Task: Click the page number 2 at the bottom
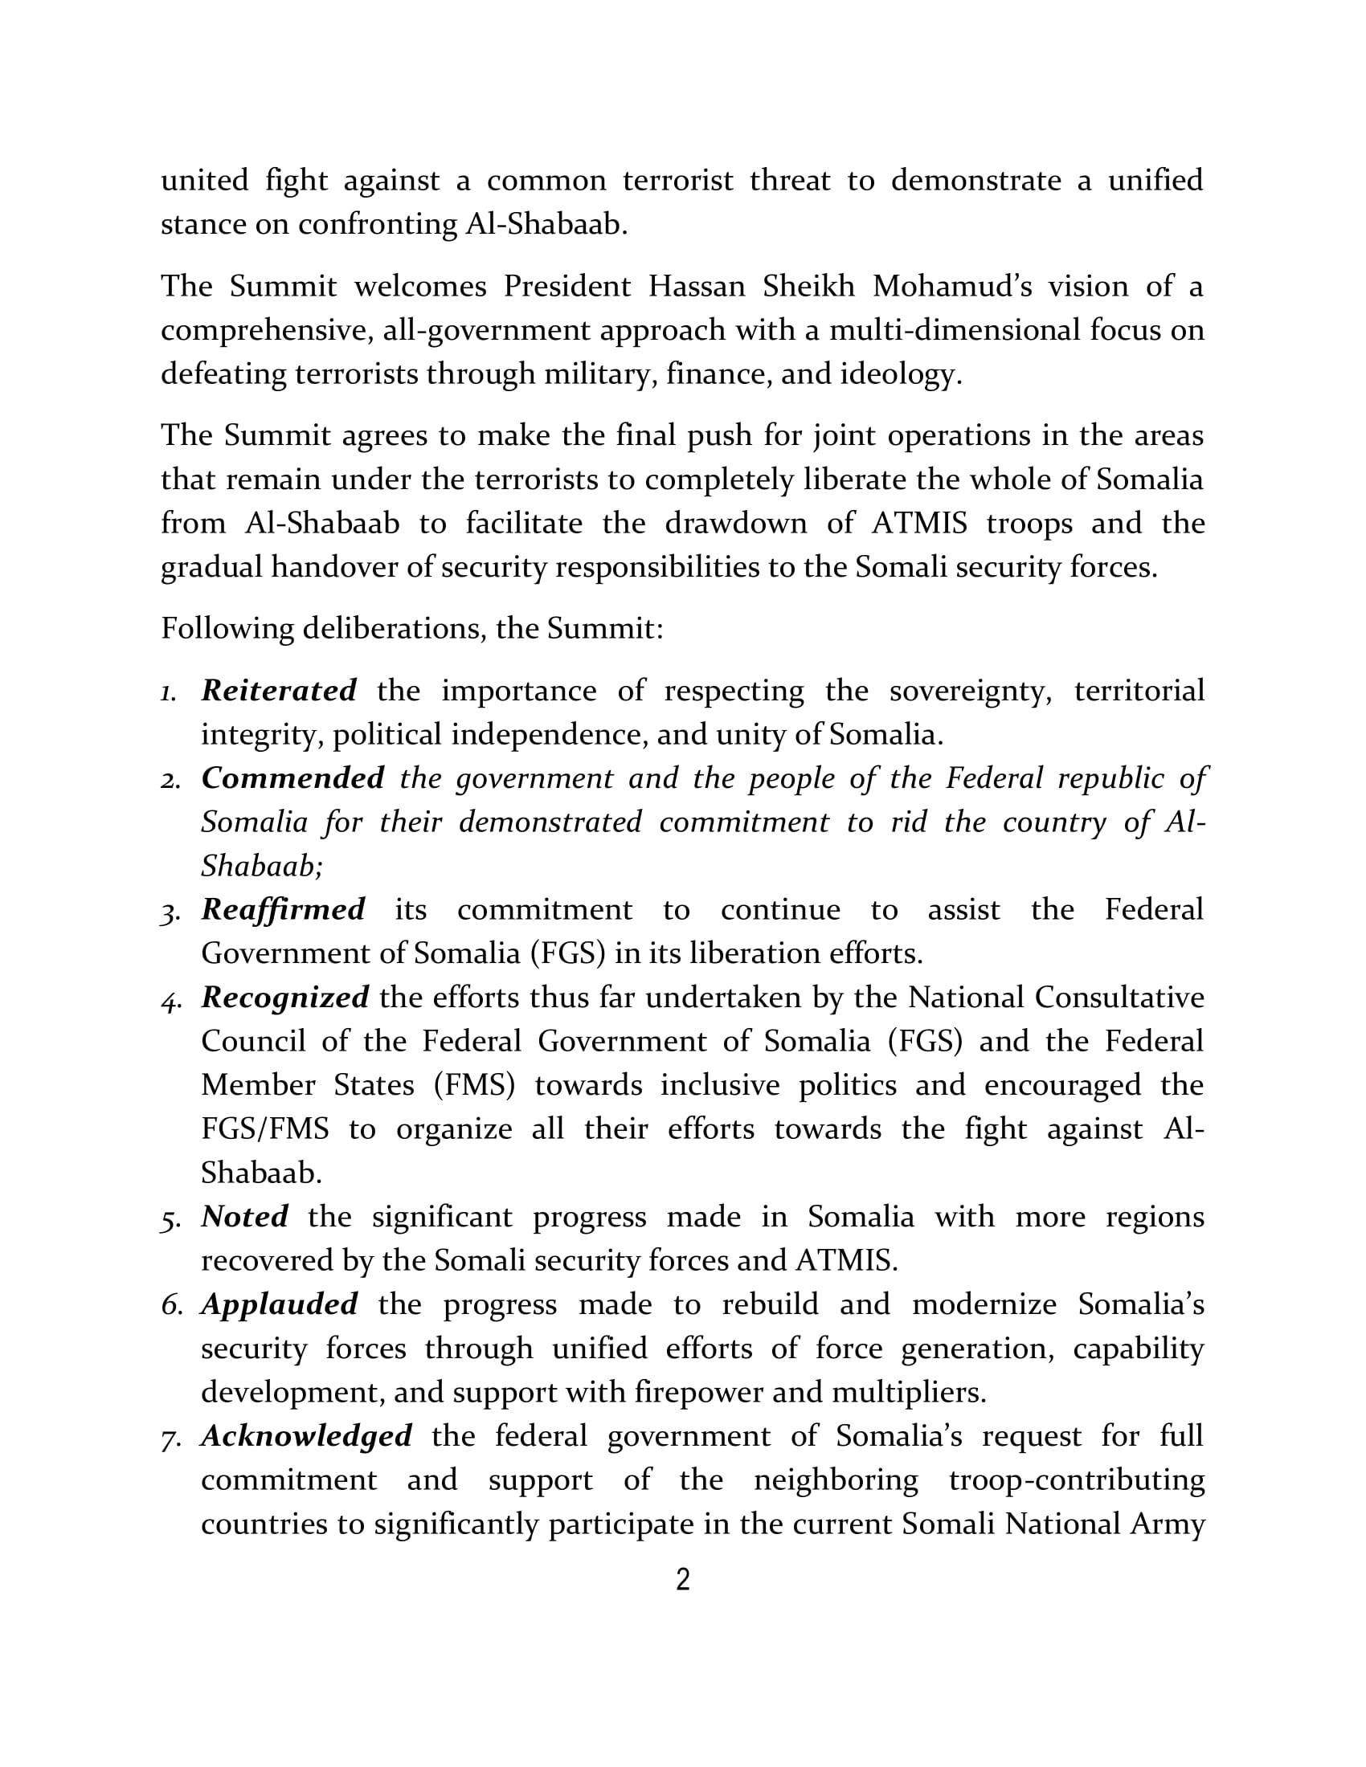pyautogui.click(x=683, y=1579)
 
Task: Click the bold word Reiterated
pyautogui.click(x=278, y=690)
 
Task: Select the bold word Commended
pyautogui.click(x=292, y=777)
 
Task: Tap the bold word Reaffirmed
pyautogui.click(x=282, y=909)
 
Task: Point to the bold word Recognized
pyautogui.click(x=285, y=997)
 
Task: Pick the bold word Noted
pyautogui.click(x=244, y=1216)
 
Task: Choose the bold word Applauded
pyautogui.click(x=279, y=1304)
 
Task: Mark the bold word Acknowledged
pyautogui.click(x=306, y=1435)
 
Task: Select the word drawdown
pyautogui.click(x=735, y=524)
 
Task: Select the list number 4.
pyautogui.click(x=170, y=1000)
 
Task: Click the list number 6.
pyautogui.click(x=170, y=1305)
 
